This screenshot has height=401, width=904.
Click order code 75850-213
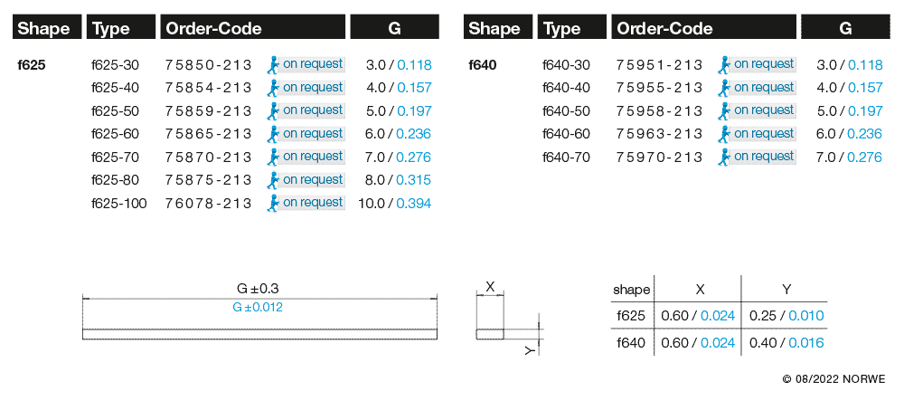coord(208,64)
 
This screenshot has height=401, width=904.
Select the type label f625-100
coord(118,203)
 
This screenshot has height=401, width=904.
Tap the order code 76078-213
coord(208,203)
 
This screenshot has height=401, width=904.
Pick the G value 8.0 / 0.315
coord(399,180)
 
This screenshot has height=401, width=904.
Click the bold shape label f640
coord(483,65)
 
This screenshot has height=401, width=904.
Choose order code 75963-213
coord(659,134)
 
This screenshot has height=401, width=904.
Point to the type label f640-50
coord(566,110)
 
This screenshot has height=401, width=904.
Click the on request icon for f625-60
coord(273,133)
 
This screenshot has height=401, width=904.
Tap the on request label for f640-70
coord(764,157)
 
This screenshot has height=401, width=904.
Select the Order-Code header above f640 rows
coord(664,28)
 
